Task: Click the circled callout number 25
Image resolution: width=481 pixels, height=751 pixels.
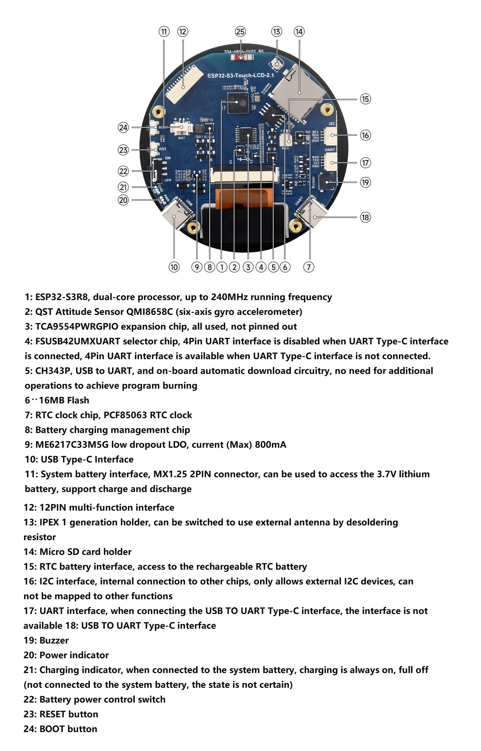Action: coord(240,32)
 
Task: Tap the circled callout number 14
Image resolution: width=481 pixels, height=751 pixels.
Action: coord(299,32)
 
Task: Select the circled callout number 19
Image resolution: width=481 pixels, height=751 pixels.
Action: coord(365,182)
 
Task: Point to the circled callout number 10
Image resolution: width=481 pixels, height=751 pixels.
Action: coord(174,267)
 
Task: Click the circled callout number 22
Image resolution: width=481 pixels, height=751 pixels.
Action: coord(123,171)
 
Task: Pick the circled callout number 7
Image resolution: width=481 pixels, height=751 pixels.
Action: coord(308,267)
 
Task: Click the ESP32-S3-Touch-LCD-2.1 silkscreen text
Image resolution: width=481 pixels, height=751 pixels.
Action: coord(240,75)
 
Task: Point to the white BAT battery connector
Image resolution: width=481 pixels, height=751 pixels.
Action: coord(182,128)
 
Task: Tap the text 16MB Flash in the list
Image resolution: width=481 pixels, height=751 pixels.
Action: coord(64,400)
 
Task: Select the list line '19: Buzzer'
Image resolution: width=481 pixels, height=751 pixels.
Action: coord(46,640)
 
